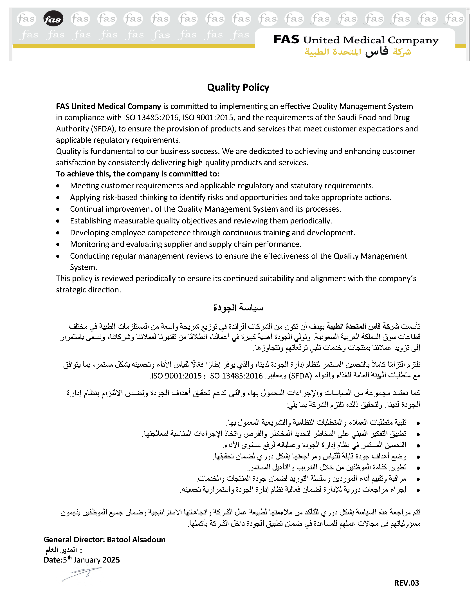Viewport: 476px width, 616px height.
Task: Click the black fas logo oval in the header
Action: (53, 19)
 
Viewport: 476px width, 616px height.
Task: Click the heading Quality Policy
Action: (238, 88)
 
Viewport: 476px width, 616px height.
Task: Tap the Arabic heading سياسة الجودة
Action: (238, 307)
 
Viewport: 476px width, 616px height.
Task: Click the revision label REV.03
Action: (406, 583)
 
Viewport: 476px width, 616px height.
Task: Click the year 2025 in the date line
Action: (111, 560)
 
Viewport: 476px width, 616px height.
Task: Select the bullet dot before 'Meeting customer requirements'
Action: (58, 186)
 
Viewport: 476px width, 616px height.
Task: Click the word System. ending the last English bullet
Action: (84, 267)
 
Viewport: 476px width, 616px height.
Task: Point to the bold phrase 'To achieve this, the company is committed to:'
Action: (137, 174)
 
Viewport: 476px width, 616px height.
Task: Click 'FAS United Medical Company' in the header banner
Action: (356, 40)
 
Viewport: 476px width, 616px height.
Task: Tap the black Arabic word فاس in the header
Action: (377, 51)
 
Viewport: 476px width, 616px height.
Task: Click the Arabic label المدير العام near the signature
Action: (61, 550)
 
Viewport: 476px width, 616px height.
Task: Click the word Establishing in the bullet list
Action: (91, 221)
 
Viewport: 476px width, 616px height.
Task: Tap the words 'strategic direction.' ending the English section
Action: (88, 290)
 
